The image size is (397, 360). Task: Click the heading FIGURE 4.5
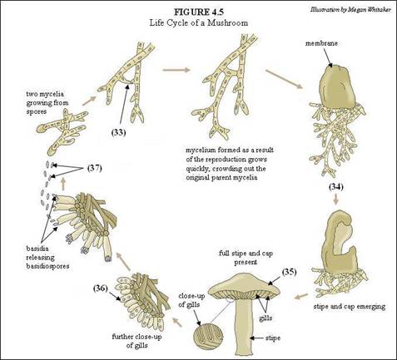click(199, 12)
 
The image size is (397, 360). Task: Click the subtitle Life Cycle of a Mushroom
click(199, 22)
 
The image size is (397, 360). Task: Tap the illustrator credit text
click(350, 9)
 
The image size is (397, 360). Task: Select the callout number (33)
click(118, 133)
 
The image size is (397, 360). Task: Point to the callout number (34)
click(336, 187)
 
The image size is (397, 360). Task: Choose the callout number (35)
click(290, 272)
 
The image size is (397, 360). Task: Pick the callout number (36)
click(101, 288)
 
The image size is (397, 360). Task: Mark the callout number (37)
click(95, 168)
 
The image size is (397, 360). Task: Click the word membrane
click(321, 43)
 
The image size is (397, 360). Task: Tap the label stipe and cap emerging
click(350, 307)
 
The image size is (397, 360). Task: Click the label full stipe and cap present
click(246, 258)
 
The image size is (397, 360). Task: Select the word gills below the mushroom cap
click(265, 318)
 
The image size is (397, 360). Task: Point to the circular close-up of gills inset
click(208, 336)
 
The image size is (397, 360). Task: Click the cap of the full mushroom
click(244, 286)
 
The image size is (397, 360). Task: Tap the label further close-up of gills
click(137, 341)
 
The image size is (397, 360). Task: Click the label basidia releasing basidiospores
click(47, 257)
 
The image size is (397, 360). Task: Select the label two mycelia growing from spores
click(47, 103)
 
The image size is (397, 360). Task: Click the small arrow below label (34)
click(336, 200)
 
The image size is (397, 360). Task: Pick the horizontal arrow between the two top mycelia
click(176, 70)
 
